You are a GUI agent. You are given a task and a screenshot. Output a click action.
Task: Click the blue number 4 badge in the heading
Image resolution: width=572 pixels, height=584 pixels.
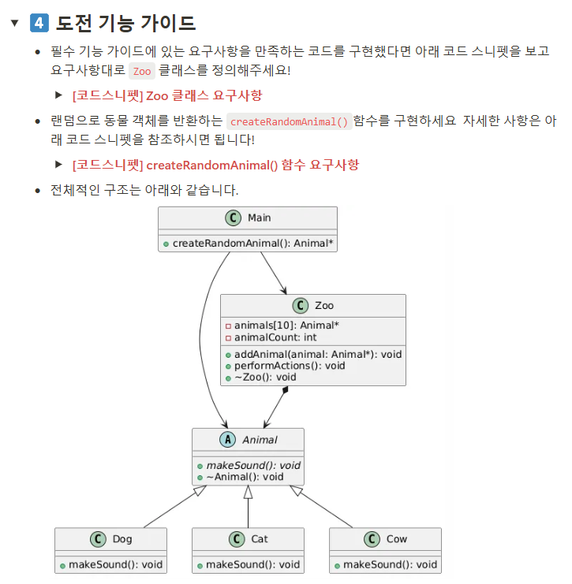39,23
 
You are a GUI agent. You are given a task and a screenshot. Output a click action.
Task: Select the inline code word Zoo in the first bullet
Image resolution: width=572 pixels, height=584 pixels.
142,71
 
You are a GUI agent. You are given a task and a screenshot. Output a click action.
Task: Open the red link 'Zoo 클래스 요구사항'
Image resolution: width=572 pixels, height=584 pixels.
167,95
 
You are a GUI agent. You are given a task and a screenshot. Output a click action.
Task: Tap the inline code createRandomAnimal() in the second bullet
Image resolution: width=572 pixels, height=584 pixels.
289,121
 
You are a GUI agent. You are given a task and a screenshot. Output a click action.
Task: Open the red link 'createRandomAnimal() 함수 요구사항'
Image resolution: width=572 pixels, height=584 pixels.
215,165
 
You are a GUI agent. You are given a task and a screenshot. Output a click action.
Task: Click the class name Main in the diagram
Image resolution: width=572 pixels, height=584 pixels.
259,218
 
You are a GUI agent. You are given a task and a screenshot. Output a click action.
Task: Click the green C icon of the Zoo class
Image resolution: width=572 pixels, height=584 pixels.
300,306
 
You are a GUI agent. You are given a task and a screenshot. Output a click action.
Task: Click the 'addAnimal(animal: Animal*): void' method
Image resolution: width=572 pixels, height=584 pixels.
318,354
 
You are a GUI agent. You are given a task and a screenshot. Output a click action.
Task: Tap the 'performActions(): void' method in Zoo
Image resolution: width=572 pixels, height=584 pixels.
290,366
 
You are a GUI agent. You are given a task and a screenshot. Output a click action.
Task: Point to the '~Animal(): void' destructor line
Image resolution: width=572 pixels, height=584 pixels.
245,477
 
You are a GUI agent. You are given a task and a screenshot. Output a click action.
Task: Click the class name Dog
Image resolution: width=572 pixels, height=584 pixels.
122,539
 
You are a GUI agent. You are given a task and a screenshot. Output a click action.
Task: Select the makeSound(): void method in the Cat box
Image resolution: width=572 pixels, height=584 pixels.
252,564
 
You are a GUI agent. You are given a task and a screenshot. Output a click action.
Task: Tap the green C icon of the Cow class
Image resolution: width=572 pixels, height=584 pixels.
372,539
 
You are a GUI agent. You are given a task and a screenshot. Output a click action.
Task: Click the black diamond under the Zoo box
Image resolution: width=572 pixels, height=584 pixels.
285,390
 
